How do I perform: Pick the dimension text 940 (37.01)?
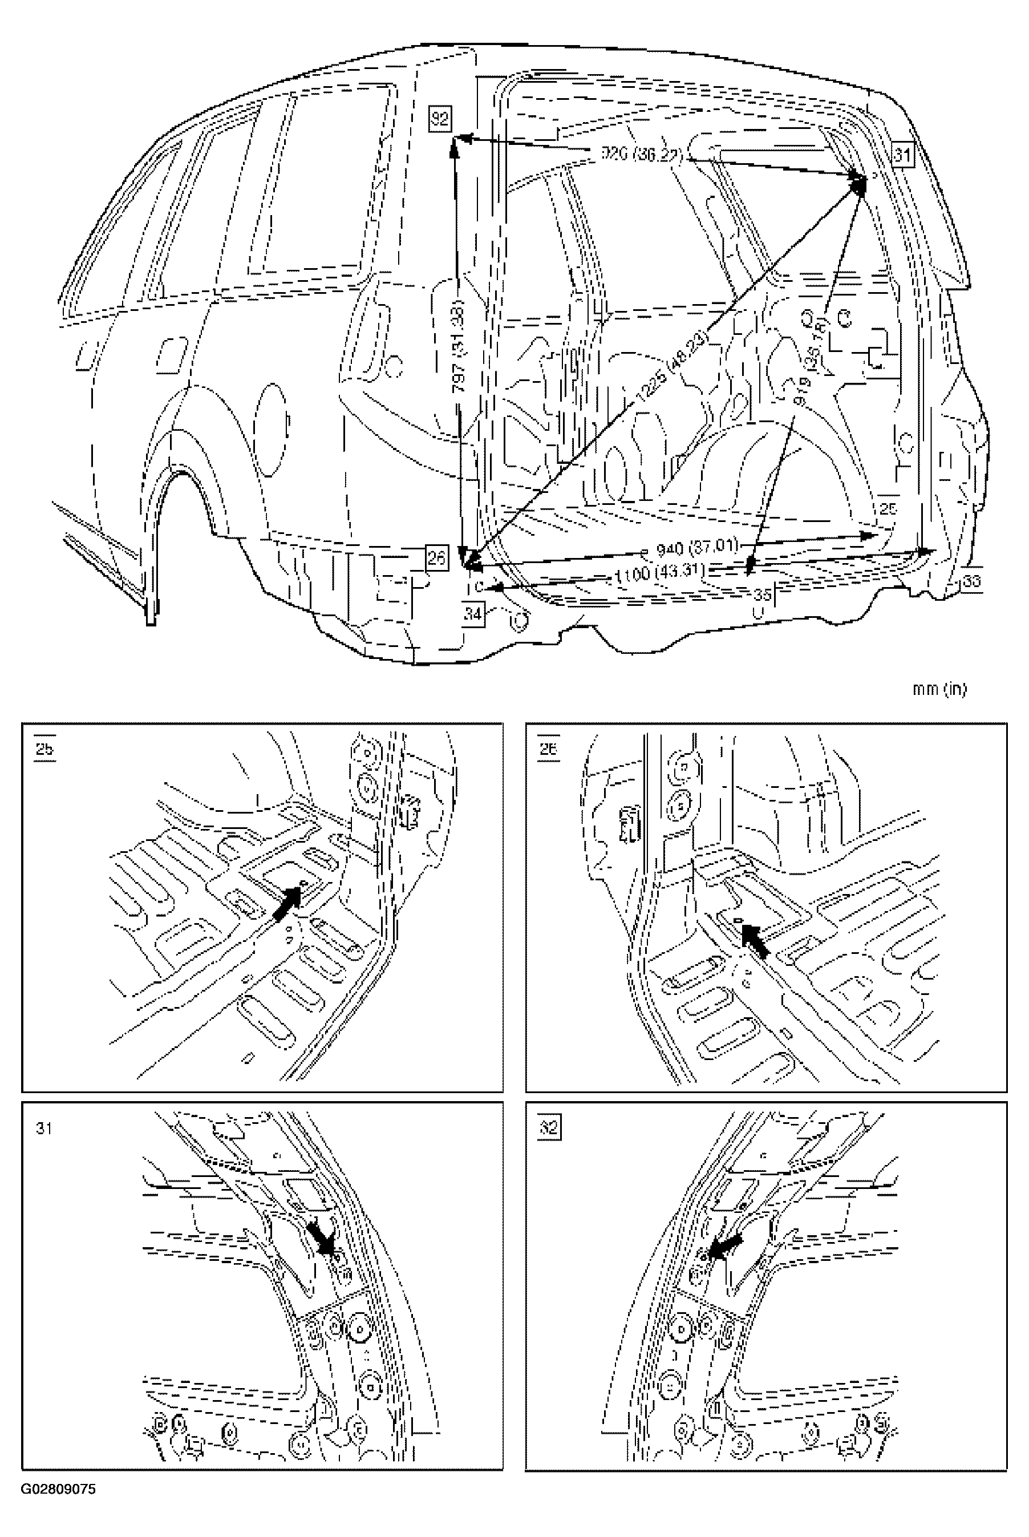click(698, 546)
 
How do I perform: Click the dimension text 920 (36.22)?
click(643, 155)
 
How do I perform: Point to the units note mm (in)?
click(940, 689)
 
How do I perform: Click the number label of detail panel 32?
click(549, 1127)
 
